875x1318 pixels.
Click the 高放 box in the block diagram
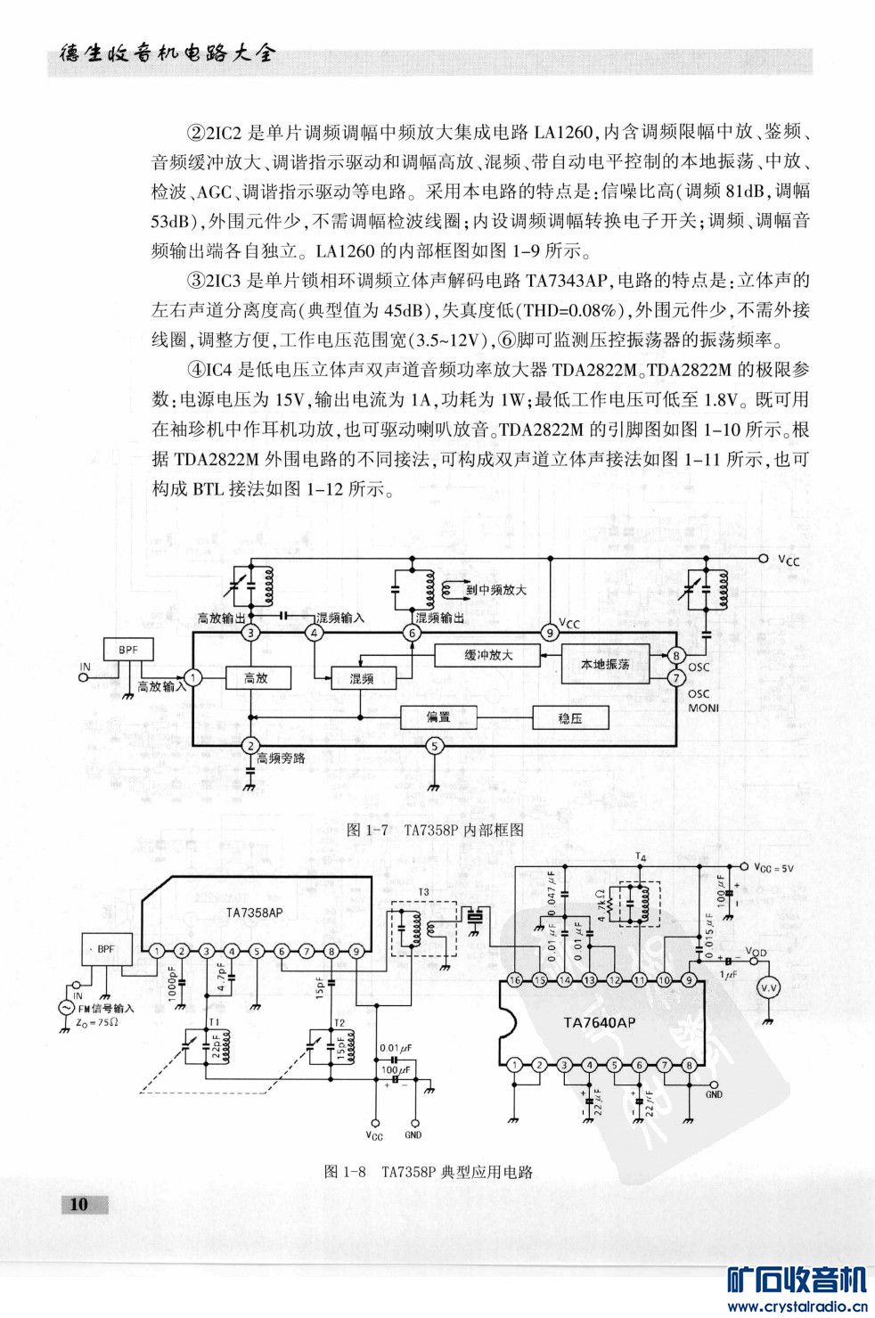pyautogui.click(x=256, y=678)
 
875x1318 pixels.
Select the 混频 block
pyautogui.click(x=361, y=678)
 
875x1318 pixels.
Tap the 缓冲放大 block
pyautogui.click(x=488, y=655)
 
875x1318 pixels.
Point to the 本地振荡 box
pyautogui.click(x=605, y=664)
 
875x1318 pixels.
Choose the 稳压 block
pyautogui.click(x=570, y=718)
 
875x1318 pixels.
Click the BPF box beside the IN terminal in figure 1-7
pyautogui.click(x=128, y=651)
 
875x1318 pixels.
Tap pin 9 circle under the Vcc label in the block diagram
pyautogui.click(x=550, y=633)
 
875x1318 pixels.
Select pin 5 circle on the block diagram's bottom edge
pyautogui.click(x=434, y=746)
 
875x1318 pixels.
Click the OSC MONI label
pyautogui.click(x=701, y=700)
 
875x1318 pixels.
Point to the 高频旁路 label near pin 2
pyautogui.click(x=281, y=758)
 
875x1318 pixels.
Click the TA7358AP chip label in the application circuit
pyautogui.click(x=254, y=912)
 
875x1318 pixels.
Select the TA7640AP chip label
pyautogui.click(x=600, y=1022)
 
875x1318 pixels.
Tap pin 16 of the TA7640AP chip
pyautogui.click(x=514, y=979)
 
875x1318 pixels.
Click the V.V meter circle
pyautogui.click(x=767, y=987)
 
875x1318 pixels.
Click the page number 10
pyautogui.click(x=79, y=1204)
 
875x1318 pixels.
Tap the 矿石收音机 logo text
pyautogui.click(x=797, y=1281)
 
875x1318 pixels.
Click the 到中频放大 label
pyautogui.click(x=495, y=590)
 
